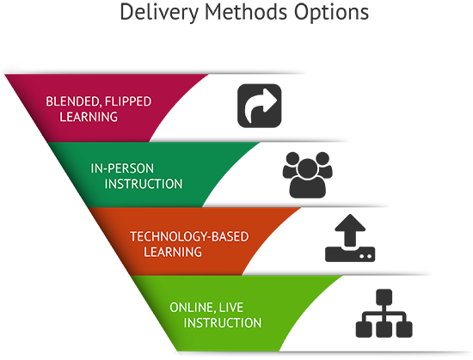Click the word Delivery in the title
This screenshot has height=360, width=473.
159,13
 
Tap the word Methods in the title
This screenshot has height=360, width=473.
246,12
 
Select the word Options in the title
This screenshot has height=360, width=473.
331,13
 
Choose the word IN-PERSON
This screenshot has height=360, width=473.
122,168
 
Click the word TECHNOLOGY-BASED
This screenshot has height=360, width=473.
189,236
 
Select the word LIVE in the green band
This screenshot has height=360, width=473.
230,308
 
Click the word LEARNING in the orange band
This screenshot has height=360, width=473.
173,252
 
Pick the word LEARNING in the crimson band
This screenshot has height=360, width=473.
89,117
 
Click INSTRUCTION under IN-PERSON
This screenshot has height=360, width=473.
144,184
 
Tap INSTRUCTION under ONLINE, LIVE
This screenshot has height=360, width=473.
223,323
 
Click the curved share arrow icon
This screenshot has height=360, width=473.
260,106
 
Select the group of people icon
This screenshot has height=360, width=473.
307,175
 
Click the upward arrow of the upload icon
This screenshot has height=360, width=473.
350,230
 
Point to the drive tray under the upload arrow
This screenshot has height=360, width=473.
350,254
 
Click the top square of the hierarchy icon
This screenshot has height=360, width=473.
384,296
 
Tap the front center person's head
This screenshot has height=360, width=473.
307,168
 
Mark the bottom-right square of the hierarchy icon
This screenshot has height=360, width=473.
404,329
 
